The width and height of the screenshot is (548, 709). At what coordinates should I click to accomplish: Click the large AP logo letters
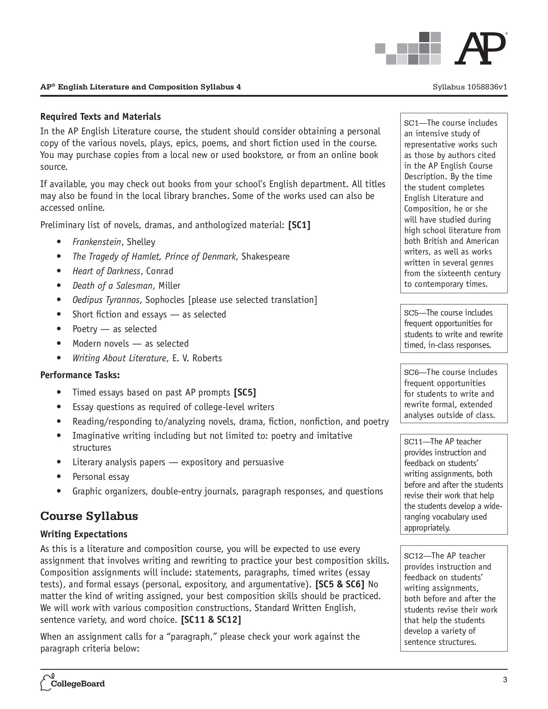tap(480, 49)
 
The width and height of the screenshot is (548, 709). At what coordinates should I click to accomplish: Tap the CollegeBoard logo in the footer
tap(73, 683)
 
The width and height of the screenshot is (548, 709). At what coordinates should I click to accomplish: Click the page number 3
tap(505, 679)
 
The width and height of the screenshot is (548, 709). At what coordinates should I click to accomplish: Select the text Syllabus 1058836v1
tap(470, 87)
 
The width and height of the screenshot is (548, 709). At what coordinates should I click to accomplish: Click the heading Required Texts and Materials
tap(100, 117)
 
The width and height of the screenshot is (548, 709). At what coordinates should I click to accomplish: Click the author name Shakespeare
tap(265, 256)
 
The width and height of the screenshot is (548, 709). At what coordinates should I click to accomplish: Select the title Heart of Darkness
tap(106, 271)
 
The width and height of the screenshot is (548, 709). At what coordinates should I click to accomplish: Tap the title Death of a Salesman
tap(112, 286)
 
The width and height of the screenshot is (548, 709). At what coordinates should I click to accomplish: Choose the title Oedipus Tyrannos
tap(106, 300)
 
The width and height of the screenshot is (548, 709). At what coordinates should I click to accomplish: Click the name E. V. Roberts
tap(197, 358)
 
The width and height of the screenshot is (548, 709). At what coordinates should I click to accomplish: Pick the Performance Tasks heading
tap(80, 375)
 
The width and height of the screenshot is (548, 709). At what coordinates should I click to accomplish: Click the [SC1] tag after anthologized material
tap(299, 225)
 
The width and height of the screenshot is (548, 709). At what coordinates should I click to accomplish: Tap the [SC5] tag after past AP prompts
tap(245, 392)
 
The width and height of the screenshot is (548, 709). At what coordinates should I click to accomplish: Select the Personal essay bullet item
tap(101, 477)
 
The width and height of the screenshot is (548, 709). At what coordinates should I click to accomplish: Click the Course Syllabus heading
tap(89, 516)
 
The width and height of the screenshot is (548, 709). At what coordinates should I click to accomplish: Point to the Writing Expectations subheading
tap(84, 534)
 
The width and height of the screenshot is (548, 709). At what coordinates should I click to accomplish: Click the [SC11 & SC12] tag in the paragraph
tap(211, 620)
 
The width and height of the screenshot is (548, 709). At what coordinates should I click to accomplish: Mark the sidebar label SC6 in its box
tap(411, 373)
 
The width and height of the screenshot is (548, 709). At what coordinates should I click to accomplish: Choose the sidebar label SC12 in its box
tap(412, 556)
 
